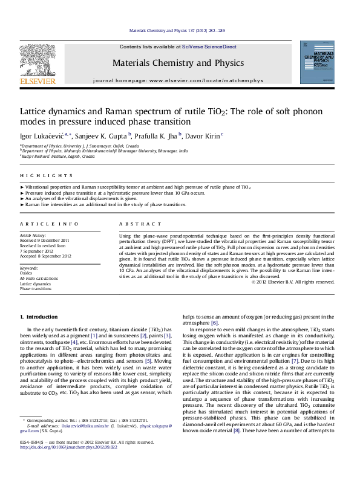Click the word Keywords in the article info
(30, 267)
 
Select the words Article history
(33, 234)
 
